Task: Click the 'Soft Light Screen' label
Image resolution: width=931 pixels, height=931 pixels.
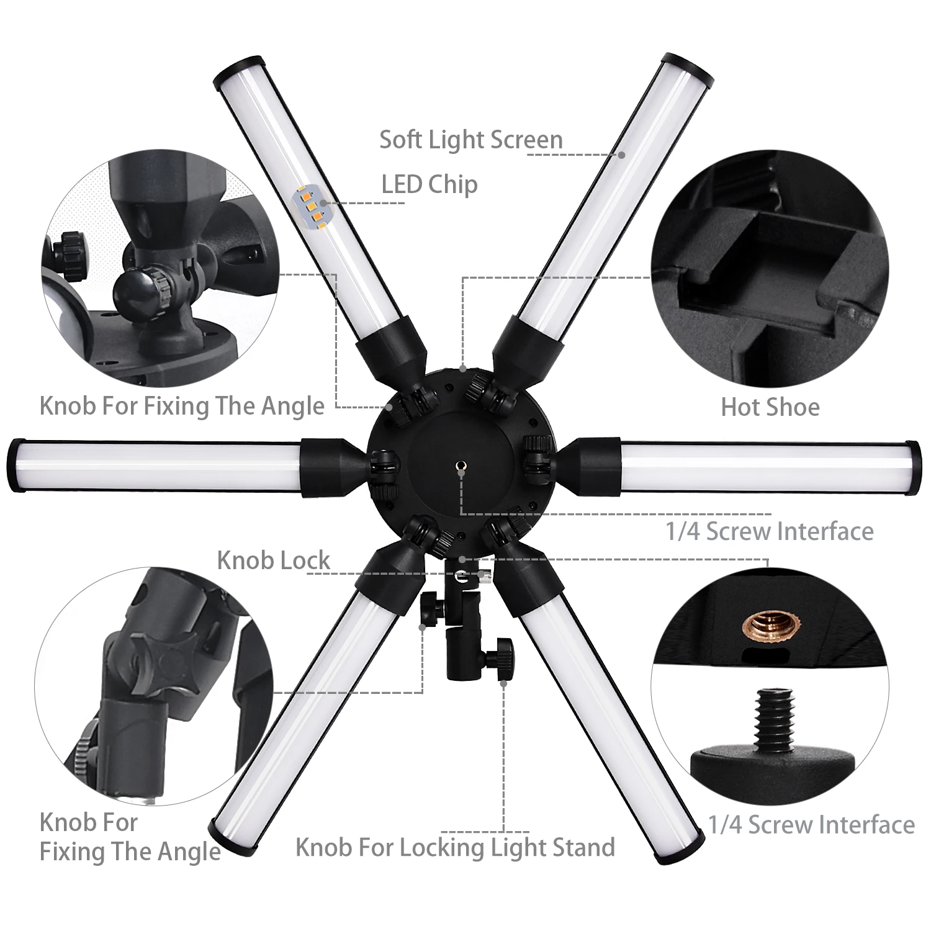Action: pyautogui.click(x=471, y=140)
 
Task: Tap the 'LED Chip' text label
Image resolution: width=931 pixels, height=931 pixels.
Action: pyautogui.click(x=430, y=184)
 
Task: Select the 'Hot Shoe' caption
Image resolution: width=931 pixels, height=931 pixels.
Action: pyautogui.click(x=770, y=407)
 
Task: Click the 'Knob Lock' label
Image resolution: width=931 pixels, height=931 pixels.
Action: pyautogui.click(x=273, y=560)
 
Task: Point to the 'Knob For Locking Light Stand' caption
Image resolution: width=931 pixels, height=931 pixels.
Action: pyautogui.click(x=455, y=847)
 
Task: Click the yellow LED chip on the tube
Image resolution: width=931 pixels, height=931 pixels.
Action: pyautogui.click(x=310, y=205)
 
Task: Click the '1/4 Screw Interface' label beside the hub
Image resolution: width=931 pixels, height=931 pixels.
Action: pyautogui.click(x=770, y=531)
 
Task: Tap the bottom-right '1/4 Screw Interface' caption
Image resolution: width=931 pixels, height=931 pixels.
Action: pyautogui.click(x=812, y=825)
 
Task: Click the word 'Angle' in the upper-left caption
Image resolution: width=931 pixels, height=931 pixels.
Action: pyautogui.click(x=292, y=406)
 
